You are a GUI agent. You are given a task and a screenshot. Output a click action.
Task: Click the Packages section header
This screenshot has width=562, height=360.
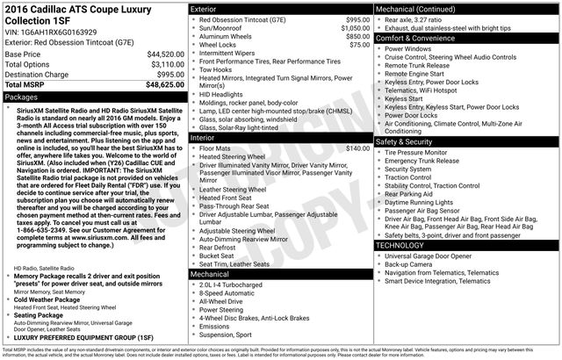22,97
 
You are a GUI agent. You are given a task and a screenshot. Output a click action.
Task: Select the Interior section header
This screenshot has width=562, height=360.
203,139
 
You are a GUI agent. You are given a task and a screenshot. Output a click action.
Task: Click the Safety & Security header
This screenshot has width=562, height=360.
405,141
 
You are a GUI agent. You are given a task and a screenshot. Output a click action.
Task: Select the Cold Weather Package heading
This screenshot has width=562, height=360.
55,299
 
